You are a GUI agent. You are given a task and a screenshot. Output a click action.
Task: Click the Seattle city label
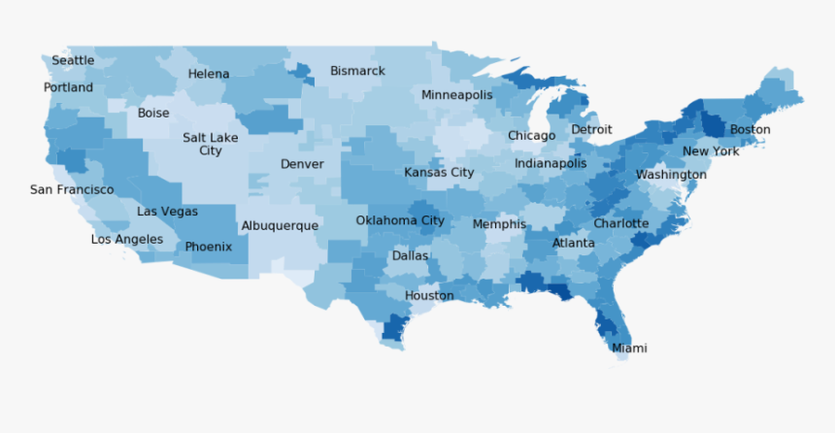click(x=73, y=60)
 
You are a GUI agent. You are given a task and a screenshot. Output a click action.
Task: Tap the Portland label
click(x=68, y=87)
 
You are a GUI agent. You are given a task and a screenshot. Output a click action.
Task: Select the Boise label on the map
click(x=153, y=113)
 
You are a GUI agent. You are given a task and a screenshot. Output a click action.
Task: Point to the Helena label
click(x=209, y=74)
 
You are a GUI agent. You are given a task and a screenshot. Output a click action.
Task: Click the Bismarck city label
click(x=357, y=71)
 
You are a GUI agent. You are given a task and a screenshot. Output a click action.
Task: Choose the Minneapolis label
click(x=456, y=95)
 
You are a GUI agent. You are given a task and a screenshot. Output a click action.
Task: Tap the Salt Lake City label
click(x=210, y=144)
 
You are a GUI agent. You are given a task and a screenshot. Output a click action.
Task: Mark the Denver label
click(x=302, y=164)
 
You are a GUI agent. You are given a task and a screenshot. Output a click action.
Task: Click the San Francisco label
click(x=72, y=189)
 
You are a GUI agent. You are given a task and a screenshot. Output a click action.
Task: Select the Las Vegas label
click(x=167, y=211)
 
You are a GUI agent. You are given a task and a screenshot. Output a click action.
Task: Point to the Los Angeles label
click(x=127, y=239)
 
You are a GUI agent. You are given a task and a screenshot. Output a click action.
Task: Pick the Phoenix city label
click(x=209, y=247)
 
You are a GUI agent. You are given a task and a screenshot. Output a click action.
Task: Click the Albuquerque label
click(x=280, y=225)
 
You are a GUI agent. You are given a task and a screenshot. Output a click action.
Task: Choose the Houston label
click(x=429, y=295)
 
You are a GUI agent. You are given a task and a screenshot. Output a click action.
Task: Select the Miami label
click(x=629, y=348)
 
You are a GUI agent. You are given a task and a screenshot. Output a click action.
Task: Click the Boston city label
click(x=750, y=129)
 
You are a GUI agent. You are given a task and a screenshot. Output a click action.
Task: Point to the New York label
click(x=711, y=151)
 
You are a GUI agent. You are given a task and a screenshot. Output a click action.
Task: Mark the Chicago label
click(x=532, y=136)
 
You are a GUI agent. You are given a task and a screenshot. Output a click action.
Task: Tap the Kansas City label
click(x=439, y=173)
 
